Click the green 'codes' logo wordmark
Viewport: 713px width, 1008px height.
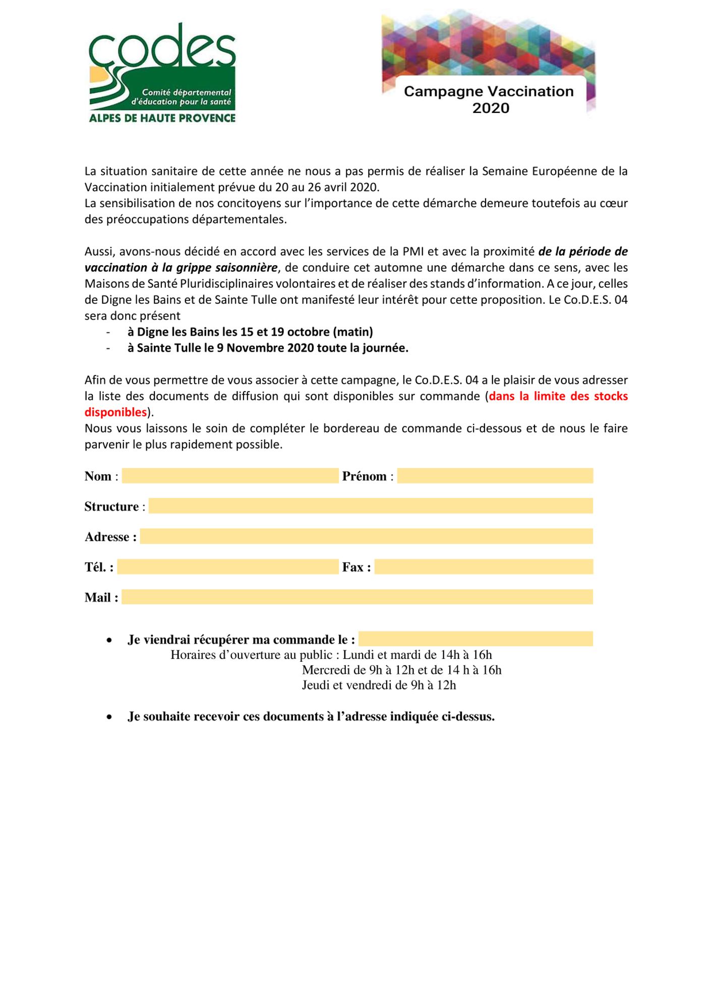click(162, 48)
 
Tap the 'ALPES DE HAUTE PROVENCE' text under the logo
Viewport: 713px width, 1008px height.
click(162, 118)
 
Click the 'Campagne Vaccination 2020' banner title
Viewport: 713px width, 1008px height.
click(489, 99)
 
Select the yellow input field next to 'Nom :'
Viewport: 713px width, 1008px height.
click(230, 476)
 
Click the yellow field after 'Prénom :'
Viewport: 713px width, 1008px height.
click(495, 476)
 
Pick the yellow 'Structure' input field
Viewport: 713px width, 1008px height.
click(371, 506)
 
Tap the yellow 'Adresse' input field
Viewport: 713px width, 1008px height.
click(366, 536)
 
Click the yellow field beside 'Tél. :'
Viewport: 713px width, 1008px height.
click(227, 567)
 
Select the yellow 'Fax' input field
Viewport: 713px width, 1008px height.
click(484, 567)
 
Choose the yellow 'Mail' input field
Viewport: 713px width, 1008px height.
click(357, 597)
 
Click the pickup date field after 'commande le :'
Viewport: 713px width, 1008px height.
click(476, 639)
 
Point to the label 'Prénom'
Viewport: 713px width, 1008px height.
click(364, 476)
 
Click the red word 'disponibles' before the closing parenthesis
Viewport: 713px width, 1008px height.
click(115, 412)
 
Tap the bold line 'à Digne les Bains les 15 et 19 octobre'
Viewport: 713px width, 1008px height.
click(250, 332)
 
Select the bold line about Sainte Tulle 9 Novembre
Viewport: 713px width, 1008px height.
click(268, 348)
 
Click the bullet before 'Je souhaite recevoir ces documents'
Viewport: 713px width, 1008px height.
click(109, 717)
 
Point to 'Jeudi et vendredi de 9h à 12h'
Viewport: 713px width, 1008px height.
click(379, 685)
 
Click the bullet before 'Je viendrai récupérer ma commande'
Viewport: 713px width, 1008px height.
click(109, 640)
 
